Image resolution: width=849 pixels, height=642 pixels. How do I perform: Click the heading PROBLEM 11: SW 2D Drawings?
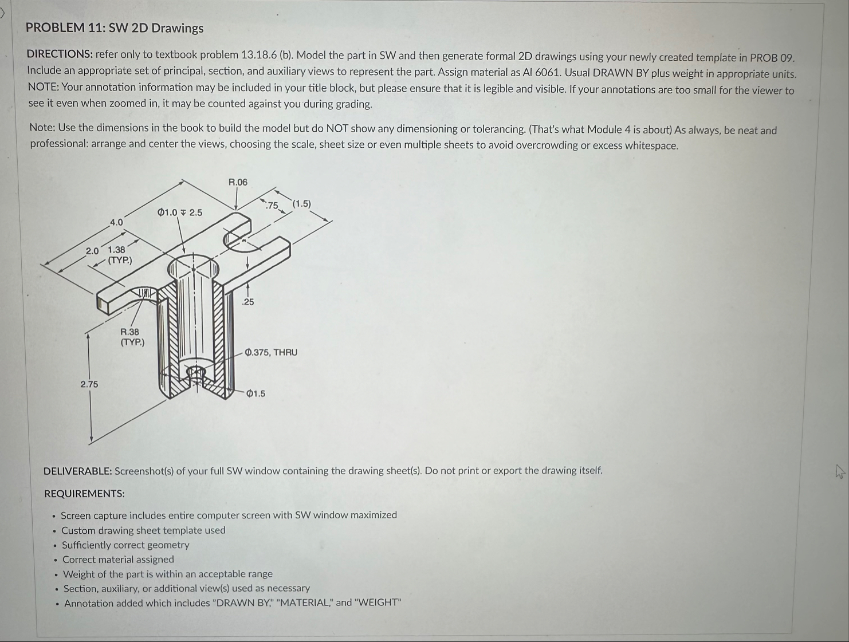(115, 28)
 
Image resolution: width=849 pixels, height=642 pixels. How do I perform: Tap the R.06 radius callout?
(238, 182)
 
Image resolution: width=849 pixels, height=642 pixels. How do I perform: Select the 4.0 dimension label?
(116, 222)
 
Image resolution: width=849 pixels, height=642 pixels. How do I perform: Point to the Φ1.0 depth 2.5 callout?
(180, 212)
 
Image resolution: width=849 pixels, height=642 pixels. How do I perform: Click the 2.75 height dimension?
(89, 384)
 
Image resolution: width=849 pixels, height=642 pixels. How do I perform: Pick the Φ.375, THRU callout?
(271, 352)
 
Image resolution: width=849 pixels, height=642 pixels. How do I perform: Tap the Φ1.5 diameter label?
(256, 393)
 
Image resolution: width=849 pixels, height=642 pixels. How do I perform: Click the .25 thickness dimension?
(247, 302)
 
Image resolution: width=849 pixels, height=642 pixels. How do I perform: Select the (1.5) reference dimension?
(302, 204)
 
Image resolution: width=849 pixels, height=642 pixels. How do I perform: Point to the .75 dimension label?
(272, 206)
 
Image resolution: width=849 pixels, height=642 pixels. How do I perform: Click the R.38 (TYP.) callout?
(131, 337)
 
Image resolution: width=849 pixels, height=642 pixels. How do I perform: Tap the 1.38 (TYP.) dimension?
(118, 255)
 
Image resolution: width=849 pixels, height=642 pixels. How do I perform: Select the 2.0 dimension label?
(92, 251)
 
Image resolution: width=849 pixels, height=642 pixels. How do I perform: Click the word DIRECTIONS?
(60, 54)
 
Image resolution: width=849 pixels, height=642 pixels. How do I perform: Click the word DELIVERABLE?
(78, 471)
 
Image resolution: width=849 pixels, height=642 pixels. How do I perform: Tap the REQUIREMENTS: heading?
(84, 494)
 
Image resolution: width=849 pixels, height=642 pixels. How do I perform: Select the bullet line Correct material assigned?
(118, 560)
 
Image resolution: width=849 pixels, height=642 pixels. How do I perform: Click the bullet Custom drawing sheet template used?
(143, 530)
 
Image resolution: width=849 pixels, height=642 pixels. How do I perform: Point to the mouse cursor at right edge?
(839, 471)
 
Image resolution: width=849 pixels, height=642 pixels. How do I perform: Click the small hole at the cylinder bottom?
(195, 373)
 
